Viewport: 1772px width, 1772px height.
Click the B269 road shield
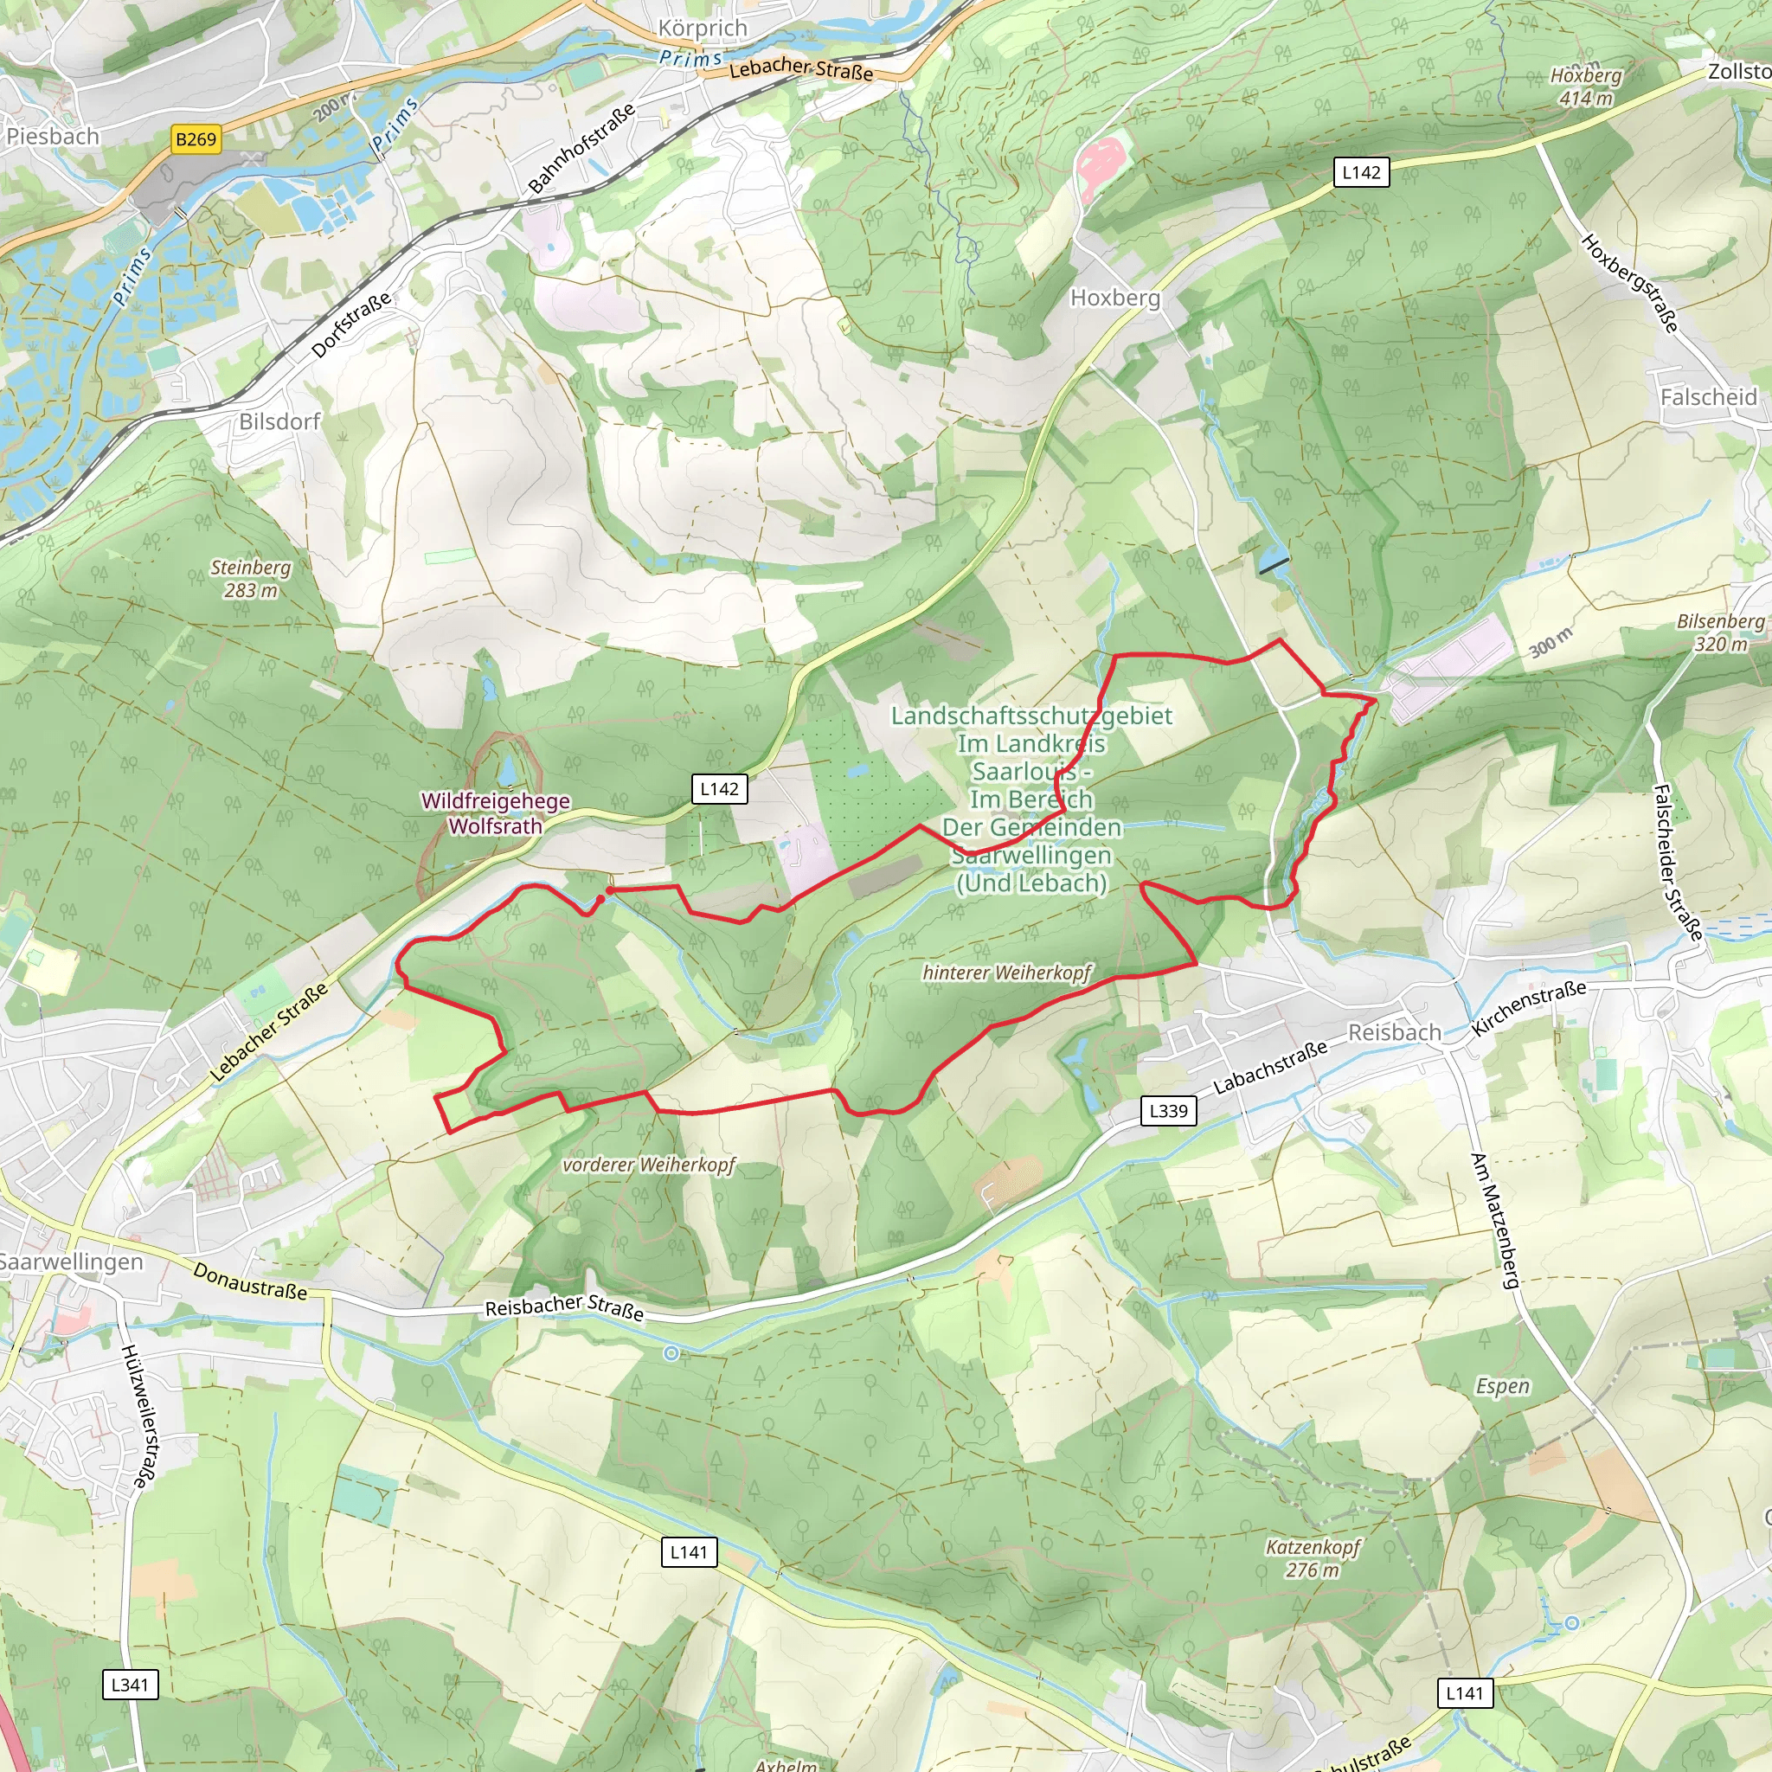pyautogui.click(x=196, y=139)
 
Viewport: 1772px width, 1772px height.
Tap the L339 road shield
pyautogui.click(x=1168, y=1111)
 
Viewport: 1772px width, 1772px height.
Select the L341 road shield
pyautogui.click(x=129, y=1684)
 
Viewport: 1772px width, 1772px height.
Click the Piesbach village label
pyautogui.click(x=52, y=137)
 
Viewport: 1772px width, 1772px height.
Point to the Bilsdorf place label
pyautogui.click(x=279, y=422)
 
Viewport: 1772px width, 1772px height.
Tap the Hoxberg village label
pyautogui.click(x=1115, y=299)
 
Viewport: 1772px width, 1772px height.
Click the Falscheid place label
pyautogui.click(x=1708, y=397)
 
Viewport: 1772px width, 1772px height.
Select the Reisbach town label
pyautogui.click(x=1394, y=1033)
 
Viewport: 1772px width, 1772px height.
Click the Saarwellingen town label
pyautogui.click(x=72, y=1262)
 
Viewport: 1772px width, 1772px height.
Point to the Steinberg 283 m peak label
pyautogui.click(x=250, y=579)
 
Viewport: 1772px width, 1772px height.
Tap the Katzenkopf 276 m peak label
pyautogui.click(x=1313, y=1558)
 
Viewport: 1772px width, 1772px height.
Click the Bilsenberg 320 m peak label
pyautogui.click(x=1721, y=632)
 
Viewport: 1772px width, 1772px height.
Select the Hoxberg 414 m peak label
pyautogui.click(x=1586, y=87)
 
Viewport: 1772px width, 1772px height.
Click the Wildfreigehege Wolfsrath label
pyautogui.click(x=495, y=812)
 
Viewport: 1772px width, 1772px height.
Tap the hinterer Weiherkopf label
pyautogui.click(x=1006, y=973)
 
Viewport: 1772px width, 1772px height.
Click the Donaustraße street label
pyautogui.click(x=249, y=1281)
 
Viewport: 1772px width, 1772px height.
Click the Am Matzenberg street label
pyautogui.click(x=1494, y=1220)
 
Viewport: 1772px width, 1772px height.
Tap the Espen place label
pyautogui.click(x=1502, y=1386)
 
